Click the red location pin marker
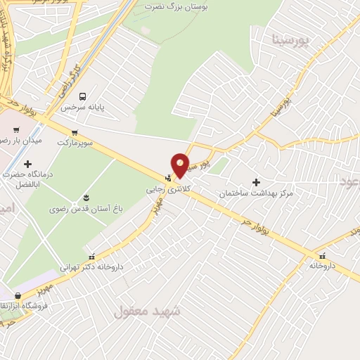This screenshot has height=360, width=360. (180, 165)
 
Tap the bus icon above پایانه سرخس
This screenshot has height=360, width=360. (83, 96)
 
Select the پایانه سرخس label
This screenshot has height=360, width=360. (82, 108)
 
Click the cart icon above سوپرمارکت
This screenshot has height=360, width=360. (74, 131)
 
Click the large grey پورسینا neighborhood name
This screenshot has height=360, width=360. (290, 39)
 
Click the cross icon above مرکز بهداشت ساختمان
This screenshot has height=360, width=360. (256, 182)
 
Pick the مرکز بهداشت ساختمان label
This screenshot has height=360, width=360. (255, 193)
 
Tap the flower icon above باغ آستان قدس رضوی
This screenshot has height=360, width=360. (86, 198)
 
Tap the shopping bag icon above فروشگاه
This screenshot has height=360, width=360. (18, 296)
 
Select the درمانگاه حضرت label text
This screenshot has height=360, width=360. (30, 174)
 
